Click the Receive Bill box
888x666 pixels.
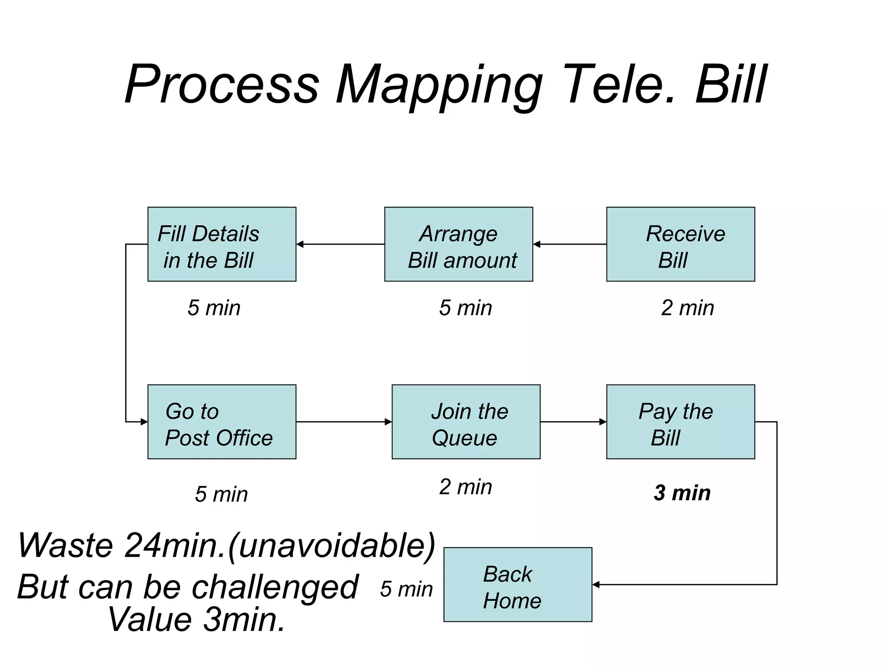click(x=680, y=244)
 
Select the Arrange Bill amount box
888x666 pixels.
click(x=458, y=244)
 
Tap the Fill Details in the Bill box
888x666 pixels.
click(x=222, y=244)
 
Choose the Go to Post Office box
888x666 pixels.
click(x=222, y=421)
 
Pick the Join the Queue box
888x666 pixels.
click(x=466, y=421)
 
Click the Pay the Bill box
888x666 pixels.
click(x=680, y=421)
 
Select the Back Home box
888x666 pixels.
click(x=518, y=584)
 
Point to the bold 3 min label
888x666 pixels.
click(x=682, y=493)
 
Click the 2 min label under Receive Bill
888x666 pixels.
click(x=687, y=308)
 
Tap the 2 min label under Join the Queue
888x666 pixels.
click(x=465, y=486)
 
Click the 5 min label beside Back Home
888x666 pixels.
click(x=406, y=589)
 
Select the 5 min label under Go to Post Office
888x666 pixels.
click(x=221, y=494)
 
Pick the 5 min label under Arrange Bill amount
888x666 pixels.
click(x=465, y=308)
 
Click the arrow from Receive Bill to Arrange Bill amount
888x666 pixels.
click(x=569, y=244)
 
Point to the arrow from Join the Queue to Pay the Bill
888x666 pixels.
click(x=573, y=421)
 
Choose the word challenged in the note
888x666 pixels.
click(x=275, y=587)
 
